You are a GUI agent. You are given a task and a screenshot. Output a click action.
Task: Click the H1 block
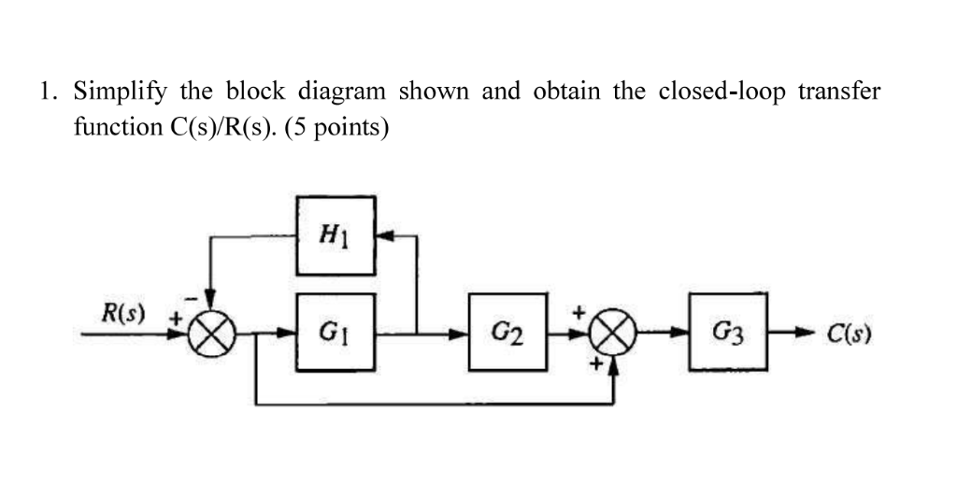click(x=336, y=235)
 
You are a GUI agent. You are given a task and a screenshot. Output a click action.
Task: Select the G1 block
click(x=336, y=331)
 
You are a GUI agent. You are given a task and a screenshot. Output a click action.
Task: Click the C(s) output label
click(x=849, y=332)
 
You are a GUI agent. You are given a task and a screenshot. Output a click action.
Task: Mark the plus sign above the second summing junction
click(x=578, y=309)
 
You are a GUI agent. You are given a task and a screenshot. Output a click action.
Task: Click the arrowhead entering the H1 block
click(x=384, y=236)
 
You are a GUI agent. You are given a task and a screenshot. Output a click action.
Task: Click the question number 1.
click(x=47, y=92)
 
